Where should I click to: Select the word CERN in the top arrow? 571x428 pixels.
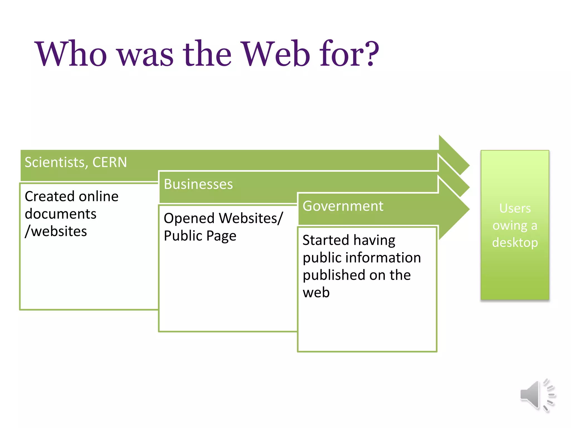110,162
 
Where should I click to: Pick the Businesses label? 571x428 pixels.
198,184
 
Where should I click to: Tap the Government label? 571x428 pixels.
343,206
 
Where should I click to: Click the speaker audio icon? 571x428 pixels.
537,395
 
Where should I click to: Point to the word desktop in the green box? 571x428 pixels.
515,243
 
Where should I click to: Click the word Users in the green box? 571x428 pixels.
515,208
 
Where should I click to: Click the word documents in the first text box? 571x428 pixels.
61,214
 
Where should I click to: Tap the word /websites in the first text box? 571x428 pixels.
56,231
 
